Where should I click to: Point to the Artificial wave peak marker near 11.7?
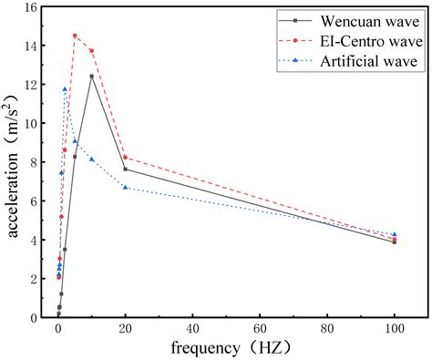tap(65, 89)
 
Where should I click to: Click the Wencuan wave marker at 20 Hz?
tap(125, 170)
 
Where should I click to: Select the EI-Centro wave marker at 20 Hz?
tap(125, 158)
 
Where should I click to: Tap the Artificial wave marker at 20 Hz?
tap(125, 188)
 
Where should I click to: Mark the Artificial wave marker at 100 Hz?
tap(394, 234)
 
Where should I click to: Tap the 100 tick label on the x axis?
tap(394, 327)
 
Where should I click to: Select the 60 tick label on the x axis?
tap(260, 327)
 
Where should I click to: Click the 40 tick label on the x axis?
tap(192, 327)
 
